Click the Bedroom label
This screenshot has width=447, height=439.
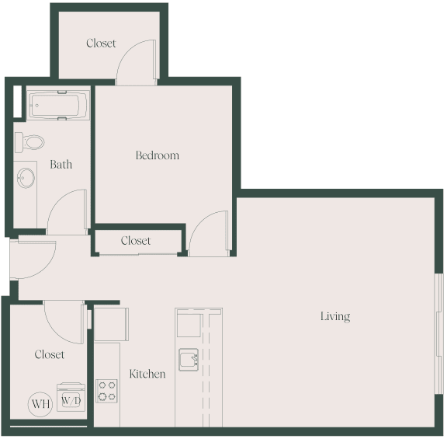click(x=157, y=155)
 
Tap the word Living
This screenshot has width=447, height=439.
click(x=335, y=316)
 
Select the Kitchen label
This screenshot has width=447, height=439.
click(x=147, y=374)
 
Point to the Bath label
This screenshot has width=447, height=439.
click(x=61, y=164)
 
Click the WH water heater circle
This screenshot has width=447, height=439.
click(x=40, y=404)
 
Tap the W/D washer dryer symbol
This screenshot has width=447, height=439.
click(x=71, y=399)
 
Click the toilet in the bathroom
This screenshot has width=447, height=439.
click(x=31, y=142)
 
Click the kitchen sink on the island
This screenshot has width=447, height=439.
click(x=189, y=359)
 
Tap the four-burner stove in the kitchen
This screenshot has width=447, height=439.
click(x=106, y=390)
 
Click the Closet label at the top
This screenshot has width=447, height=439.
click(x=101, y=44)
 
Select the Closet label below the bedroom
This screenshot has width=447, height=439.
click(x=136, y=241)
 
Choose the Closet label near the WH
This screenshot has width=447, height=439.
click(x=50, y=354)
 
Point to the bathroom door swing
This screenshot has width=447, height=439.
click(x=68, y=213)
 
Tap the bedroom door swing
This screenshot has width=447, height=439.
click(x=208, y=233)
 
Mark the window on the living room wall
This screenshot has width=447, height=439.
click(x=439, y=334)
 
